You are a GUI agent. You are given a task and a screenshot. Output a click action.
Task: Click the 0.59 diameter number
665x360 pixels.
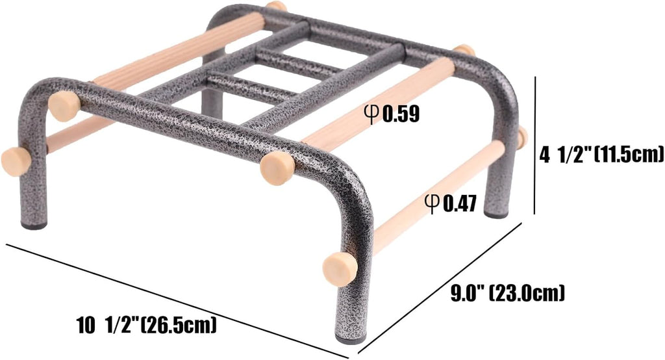[x=401, y=114]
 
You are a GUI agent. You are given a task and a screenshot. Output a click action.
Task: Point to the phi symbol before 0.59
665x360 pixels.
[x=372, y=114]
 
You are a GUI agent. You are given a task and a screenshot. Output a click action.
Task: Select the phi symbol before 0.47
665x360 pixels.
[x=432, y=204]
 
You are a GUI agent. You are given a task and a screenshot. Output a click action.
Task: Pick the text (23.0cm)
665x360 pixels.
[x=527, y=293]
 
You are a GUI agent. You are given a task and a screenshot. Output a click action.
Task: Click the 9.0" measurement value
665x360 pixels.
[x=467, y=292]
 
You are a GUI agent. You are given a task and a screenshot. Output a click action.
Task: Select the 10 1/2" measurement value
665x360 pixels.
[x=108, y=325]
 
